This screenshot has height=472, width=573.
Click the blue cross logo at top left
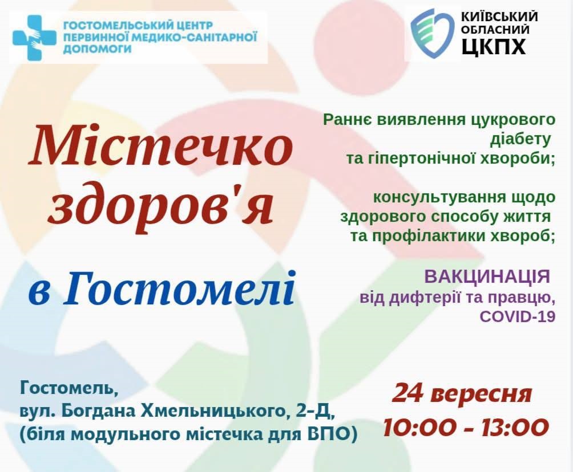pos(34,38)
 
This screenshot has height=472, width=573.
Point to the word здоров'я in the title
pos(160,204)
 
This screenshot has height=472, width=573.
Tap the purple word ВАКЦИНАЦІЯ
pos(487,276)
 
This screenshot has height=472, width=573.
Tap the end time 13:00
pos(514,428)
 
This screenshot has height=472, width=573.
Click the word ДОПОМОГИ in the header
pos(98,49)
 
